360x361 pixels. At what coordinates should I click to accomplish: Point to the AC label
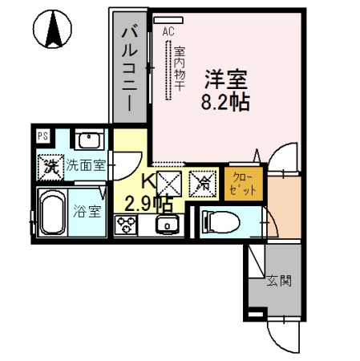(x=168, y=31)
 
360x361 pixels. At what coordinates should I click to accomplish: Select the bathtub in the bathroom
(x=52, y=213)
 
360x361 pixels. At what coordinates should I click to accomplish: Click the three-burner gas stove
(x=127, y=226)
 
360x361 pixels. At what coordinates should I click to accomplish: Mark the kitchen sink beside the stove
(x=168, y=224)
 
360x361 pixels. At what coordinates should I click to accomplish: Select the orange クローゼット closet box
(x=241, y=183)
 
